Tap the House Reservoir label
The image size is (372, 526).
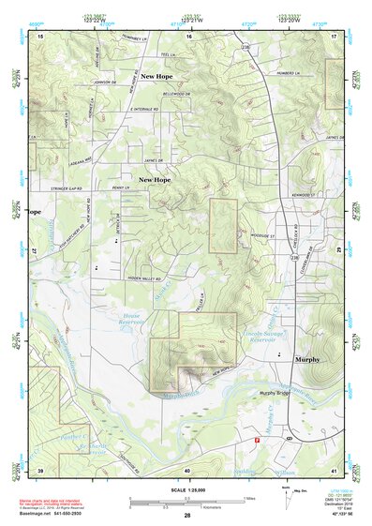pyautogui.click(x=139, y=322)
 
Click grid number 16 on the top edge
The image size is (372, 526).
pyautogui.click(x=188, y=35)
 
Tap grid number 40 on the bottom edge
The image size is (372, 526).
pyautogui.click(x=187, y=470)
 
